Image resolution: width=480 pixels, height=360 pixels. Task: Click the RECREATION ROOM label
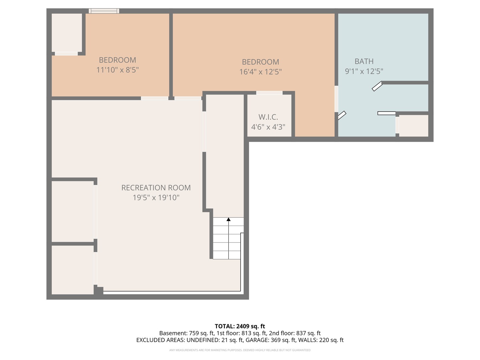coord(156,188)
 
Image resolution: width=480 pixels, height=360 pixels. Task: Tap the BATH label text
coord(364,61)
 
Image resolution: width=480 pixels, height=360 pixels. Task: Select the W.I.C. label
coord(268,117)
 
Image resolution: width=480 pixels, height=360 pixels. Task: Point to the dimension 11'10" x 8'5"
coord(117,70)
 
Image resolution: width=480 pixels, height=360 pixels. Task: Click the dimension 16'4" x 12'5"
coord(260,72)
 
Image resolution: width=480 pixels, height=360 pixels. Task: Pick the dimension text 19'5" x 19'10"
coord(156,197)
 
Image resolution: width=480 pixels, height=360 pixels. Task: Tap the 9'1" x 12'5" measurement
coord(364,71)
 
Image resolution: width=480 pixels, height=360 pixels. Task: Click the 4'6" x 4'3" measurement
coord(268,127)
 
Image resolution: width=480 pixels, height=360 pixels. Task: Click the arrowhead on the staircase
coord(229,219)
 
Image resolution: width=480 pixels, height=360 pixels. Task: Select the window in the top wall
coord(104,11)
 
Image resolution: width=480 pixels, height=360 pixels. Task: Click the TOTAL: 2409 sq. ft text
coord(240,326)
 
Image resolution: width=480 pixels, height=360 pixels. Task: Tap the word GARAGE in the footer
coord(257,340)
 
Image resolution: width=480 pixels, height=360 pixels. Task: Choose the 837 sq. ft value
coord(308,333)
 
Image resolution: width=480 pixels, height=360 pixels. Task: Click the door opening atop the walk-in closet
coord(269,93)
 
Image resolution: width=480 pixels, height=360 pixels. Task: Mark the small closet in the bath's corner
coord(414,126)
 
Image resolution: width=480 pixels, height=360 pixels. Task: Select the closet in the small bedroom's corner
coord(67,33)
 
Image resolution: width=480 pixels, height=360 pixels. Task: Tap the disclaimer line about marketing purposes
coord(240,350)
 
